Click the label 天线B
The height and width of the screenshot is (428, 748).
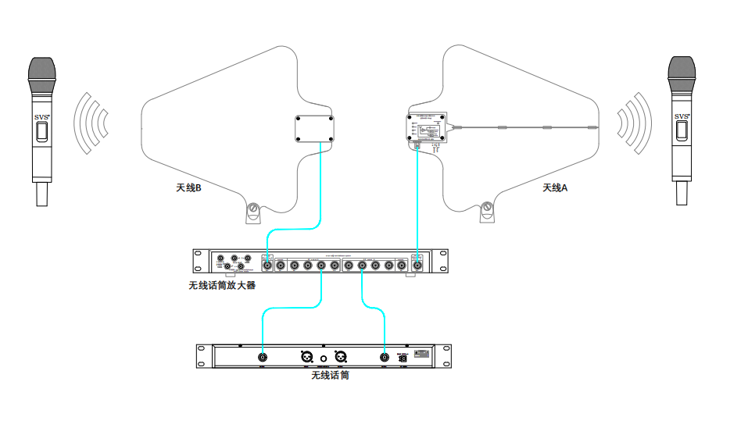(x=189, y=187)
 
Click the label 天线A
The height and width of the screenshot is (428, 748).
(x=556, y=187)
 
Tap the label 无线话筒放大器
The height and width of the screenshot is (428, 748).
(x=222, y=286)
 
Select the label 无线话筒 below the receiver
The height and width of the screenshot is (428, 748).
(x=330, y=376)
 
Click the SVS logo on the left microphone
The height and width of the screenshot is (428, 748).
(x=41, y=117)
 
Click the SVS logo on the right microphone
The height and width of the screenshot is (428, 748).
(x=682, y=117)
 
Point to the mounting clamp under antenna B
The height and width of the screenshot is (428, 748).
(x=252, y=212)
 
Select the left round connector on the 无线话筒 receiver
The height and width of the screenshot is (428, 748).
(x=263, y=358)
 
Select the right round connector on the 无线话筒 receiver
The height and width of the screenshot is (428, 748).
(x=385, y=358)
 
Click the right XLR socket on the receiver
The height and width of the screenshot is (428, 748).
(x=340, y=357)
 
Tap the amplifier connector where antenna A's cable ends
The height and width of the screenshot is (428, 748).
(x=417, y=266)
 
